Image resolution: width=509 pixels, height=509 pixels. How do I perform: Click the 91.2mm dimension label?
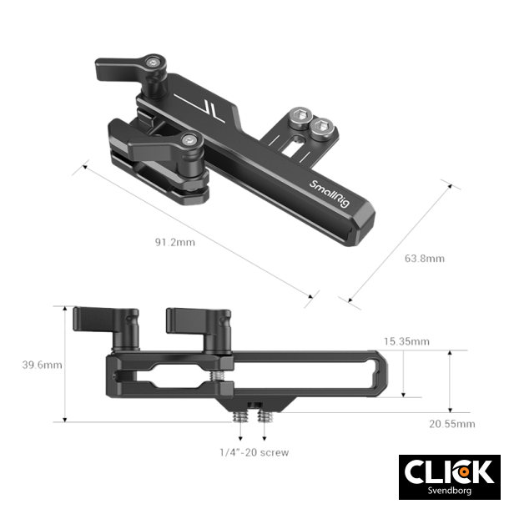tap(174, 243)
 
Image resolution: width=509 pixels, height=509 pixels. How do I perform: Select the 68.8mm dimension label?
tap(424, 258)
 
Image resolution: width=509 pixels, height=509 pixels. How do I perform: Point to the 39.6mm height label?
tap(41, 365)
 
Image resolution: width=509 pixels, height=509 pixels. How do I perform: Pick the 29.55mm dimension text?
tap(451, 425)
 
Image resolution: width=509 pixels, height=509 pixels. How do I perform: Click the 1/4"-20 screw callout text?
tap(254, 452)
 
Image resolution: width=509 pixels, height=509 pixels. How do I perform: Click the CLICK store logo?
tap(447, 471)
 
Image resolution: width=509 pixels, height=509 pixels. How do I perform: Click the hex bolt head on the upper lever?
tap(153, 62)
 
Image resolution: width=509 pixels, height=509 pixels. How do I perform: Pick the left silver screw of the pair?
tap(299, 119)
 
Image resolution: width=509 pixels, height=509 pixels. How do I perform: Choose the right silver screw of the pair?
tap(322, 128)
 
